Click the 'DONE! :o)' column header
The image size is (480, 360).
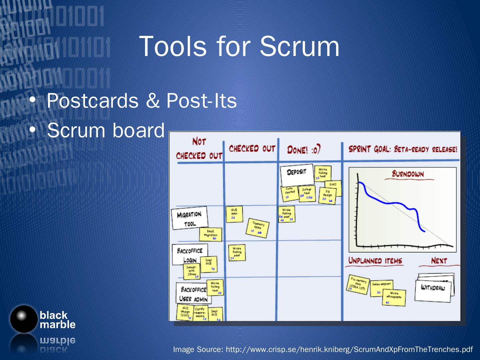pos(304,150)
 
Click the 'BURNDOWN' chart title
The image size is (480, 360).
pos(408,174)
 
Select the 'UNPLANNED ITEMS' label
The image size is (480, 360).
pos(375,261)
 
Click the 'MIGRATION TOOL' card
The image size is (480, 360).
pos(189,218)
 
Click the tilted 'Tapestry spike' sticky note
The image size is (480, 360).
pos(258,228)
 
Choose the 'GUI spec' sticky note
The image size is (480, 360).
pos(234,214)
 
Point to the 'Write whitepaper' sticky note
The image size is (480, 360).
pos(394,297)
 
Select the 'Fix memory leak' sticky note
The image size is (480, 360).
pos(358,285)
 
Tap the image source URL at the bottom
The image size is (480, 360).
pos(322,349)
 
